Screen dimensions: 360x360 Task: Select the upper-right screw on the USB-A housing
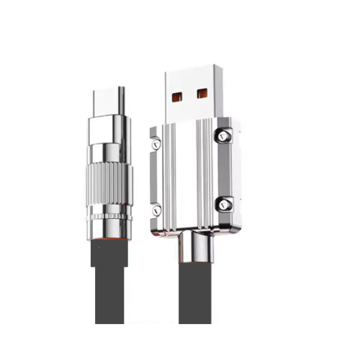pyautogui.click(x=223, y=135)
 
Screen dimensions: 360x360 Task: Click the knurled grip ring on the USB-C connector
pyautogui.click(x=110, y=188)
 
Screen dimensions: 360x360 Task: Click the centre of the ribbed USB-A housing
pyautogui.click(x=190, y=176)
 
